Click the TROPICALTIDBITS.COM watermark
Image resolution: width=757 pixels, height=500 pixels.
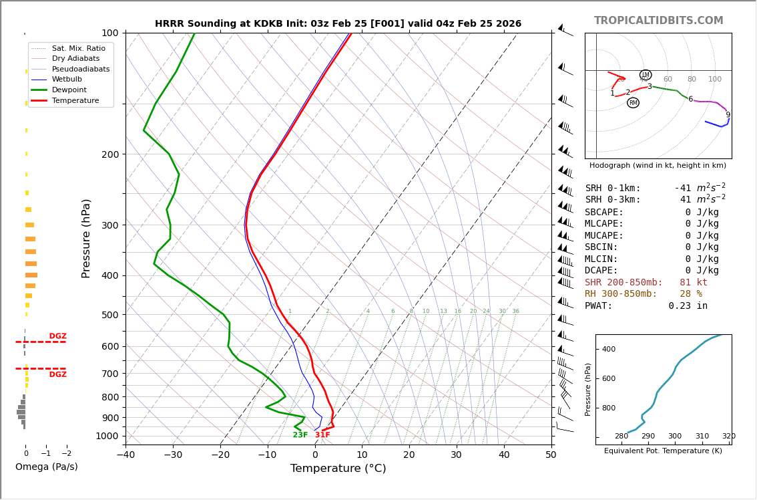pos(658,21)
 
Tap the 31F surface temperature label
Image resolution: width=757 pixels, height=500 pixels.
pos(322,435)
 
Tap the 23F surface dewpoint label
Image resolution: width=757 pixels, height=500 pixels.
pos(300,435)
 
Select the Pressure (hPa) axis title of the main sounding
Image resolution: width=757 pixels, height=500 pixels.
pos(86,238)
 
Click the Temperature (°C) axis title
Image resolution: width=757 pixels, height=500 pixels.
pos(338,469)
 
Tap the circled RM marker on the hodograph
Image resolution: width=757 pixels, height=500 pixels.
pos(633,103)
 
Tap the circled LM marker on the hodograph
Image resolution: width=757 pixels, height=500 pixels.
pos(646,75)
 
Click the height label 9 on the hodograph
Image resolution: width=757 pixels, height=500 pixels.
pos(728,115)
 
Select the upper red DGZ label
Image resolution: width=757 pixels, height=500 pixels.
pos(58,336)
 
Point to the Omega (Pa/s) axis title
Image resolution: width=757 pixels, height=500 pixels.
pos(46,467)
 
